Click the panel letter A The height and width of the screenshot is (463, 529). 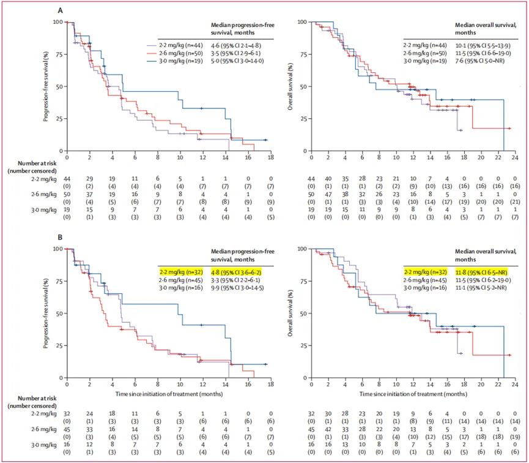click(x=59, y=11)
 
